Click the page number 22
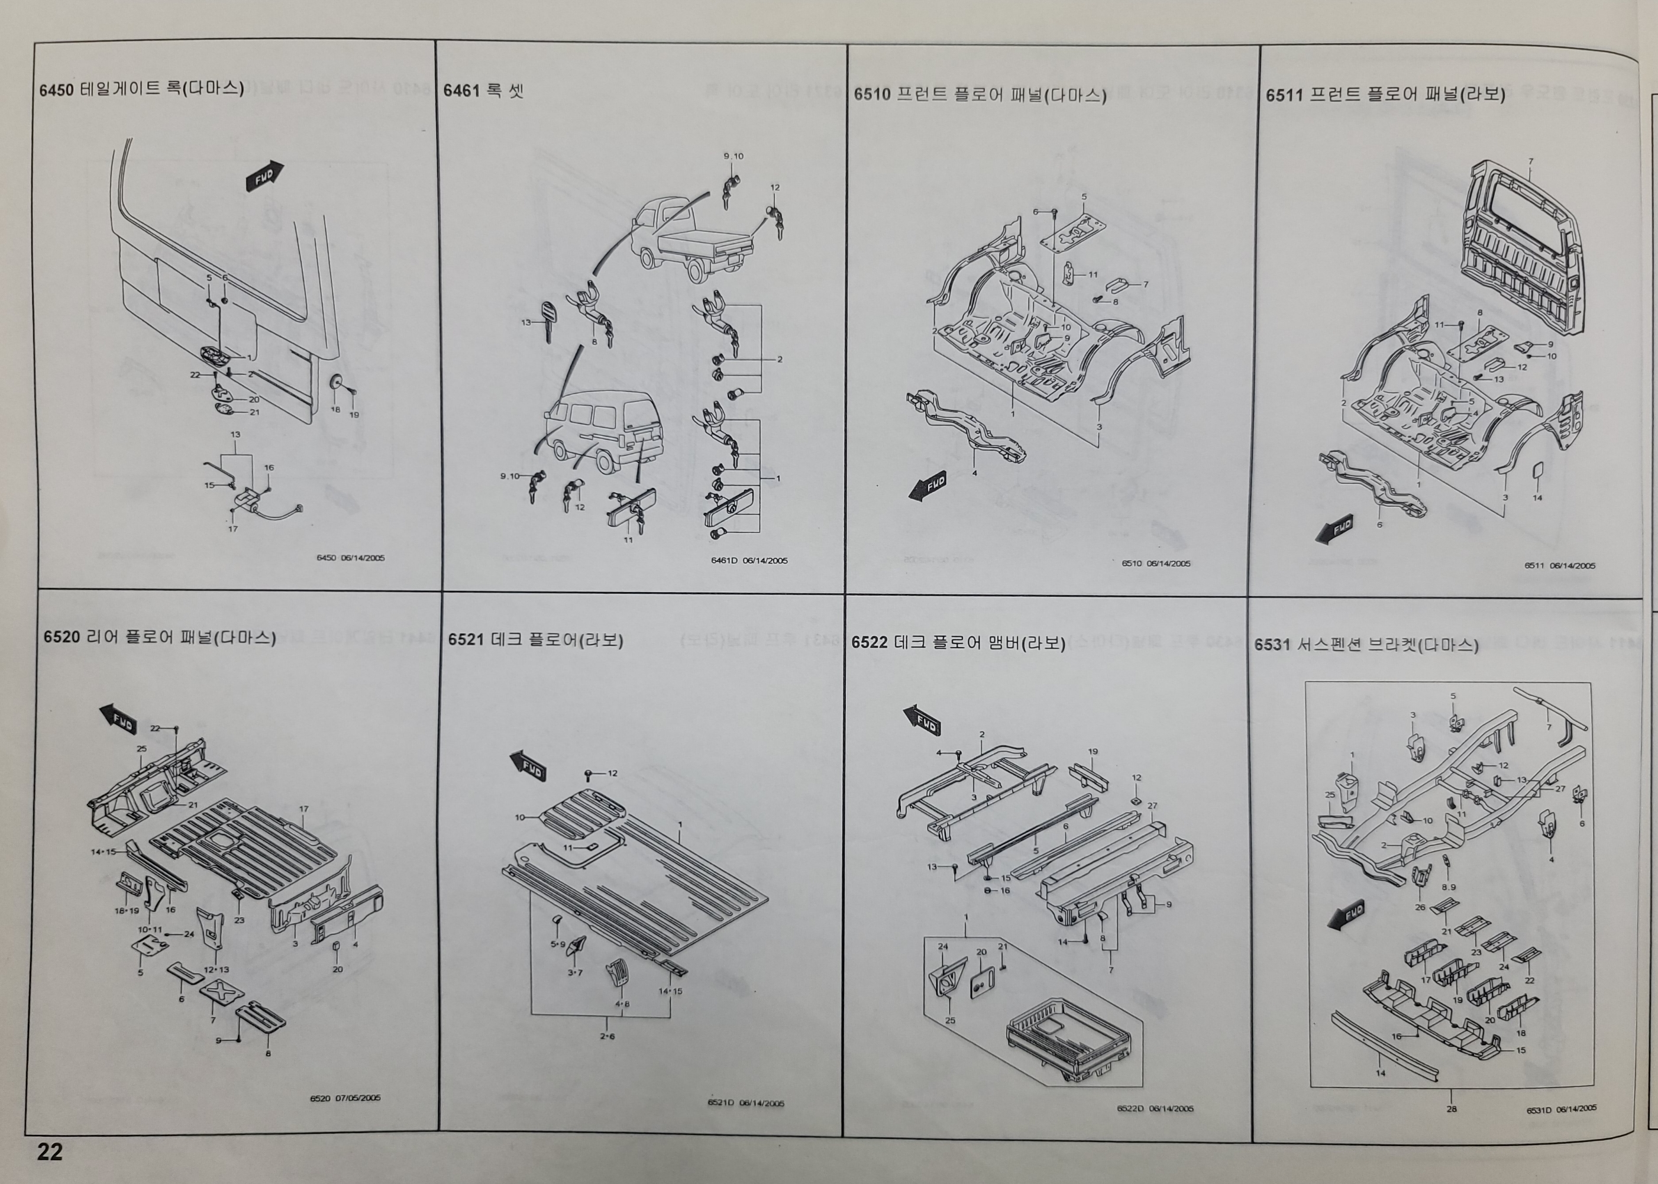[50, 1151]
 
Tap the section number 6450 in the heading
[56, 90]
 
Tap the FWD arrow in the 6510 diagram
[928, 486]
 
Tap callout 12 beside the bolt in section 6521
[612, 773]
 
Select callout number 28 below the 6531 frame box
[1451, 1110]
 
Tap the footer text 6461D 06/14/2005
[749, 561]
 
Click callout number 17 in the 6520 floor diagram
[304, 809]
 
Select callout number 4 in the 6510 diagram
[975, 473]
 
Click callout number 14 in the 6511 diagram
[1537, 498]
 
